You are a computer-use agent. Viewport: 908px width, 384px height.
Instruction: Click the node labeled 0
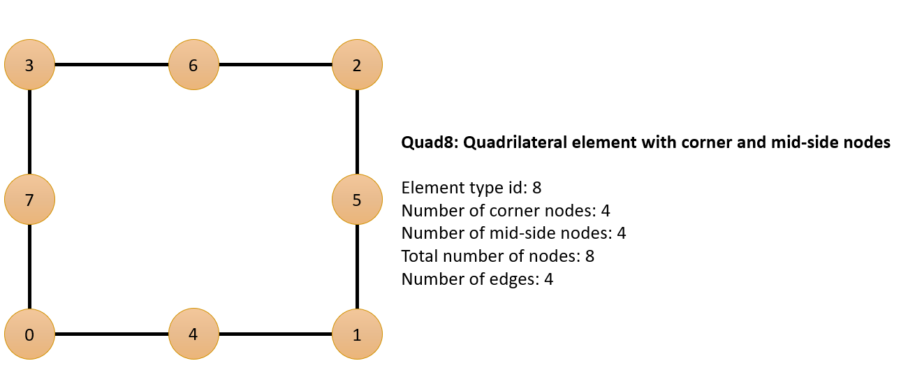pos(29,334)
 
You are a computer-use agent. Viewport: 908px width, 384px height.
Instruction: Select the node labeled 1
pos(357,334)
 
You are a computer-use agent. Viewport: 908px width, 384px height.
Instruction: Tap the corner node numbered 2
pos(357,65)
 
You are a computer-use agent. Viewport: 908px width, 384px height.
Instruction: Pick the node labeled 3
pos(29,65)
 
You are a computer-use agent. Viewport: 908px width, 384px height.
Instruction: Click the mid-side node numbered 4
pos(193,334)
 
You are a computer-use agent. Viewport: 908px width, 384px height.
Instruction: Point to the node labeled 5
pos(357,200)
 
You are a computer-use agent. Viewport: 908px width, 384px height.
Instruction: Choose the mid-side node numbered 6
pos(193,65)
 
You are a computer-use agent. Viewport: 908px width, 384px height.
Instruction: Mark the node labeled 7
pos(29,200)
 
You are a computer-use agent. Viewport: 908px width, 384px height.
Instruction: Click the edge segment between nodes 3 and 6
pos(112,65)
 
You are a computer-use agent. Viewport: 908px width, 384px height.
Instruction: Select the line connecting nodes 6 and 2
pos(275,65)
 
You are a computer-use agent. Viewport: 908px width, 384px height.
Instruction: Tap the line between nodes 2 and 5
pos(357,132)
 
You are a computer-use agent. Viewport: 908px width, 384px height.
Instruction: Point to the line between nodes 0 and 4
pos(112,334)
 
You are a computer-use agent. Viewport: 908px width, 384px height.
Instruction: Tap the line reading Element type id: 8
pos(471,188)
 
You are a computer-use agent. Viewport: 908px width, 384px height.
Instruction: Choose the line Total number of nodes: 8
pos(498,256)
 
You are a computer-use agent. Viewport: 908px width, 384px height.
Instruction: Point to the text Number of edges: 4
pos(477,279)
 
